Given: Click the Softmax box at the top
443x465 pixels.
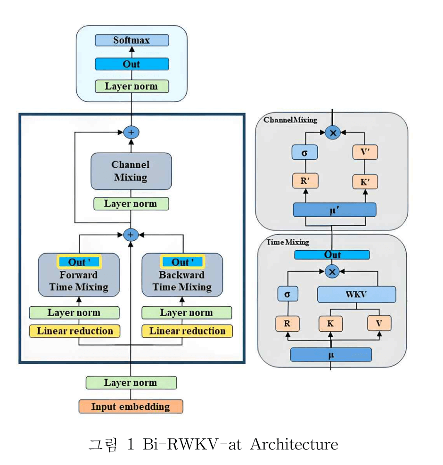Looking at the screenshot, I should point(131,40).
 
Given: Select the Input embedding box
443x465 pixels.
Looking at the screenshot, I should point(131,407).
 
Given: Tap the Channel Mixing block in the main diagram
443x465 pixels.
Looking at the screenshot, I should point(131,171).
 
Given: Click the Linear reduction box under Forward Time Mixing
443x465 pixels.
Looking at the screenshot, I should point(75,331).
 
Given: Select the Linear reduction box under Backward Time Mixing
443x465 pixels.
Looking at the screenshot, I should point(187,331).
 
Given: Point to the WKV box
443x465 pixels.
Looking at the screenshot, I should point(356,294).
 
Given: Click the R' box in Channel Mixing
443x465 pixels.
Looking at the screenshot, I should point(304,181).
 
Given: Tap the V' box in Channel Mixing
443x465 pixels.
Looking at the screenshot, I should point(365,152).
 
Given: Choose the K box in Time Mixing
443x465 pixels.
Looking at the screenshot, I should point(330,324).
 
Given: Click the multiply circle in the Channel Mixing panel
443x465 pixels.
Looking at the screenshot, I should point(333,133).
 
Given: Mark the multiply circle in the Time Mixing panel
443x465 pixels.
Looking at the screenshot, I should point(332,271).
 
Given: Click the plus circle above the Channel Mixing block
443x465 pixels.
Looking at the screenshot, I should point(131,132).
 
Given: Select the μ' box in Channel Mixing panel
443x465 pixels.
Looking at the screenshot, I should point(334,210).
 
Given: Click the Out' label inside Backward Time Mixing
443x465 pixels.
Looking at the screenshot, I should point(182,262).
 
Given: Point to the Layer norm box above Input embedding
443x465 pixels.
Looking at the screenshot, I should point(131,383).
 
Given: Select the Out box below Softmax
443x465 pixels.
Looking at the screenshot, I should point(131,64).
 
